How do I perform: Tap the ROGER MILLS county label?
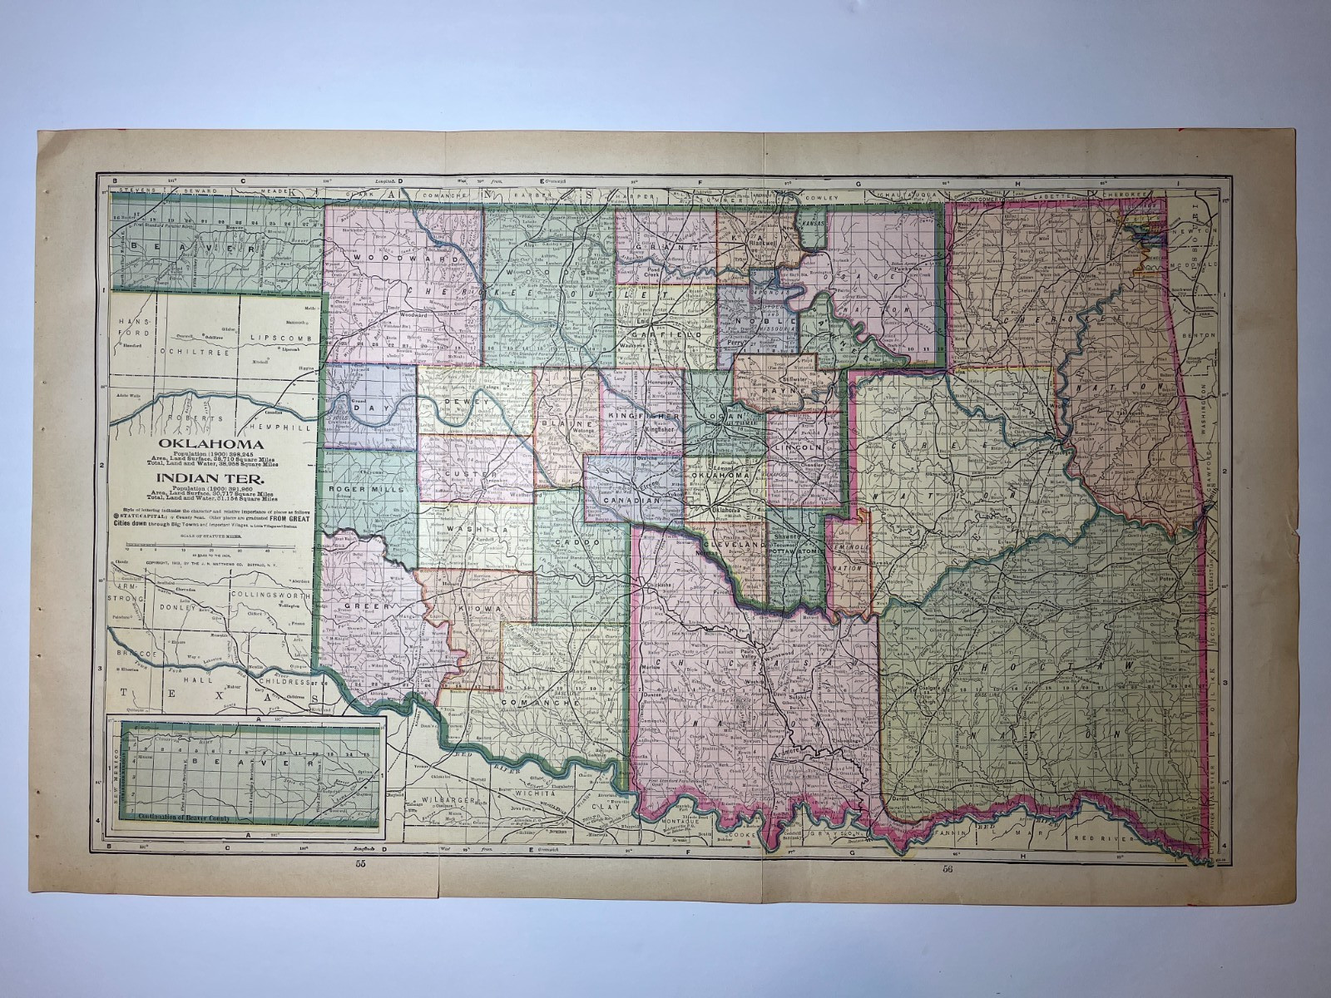366,489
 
